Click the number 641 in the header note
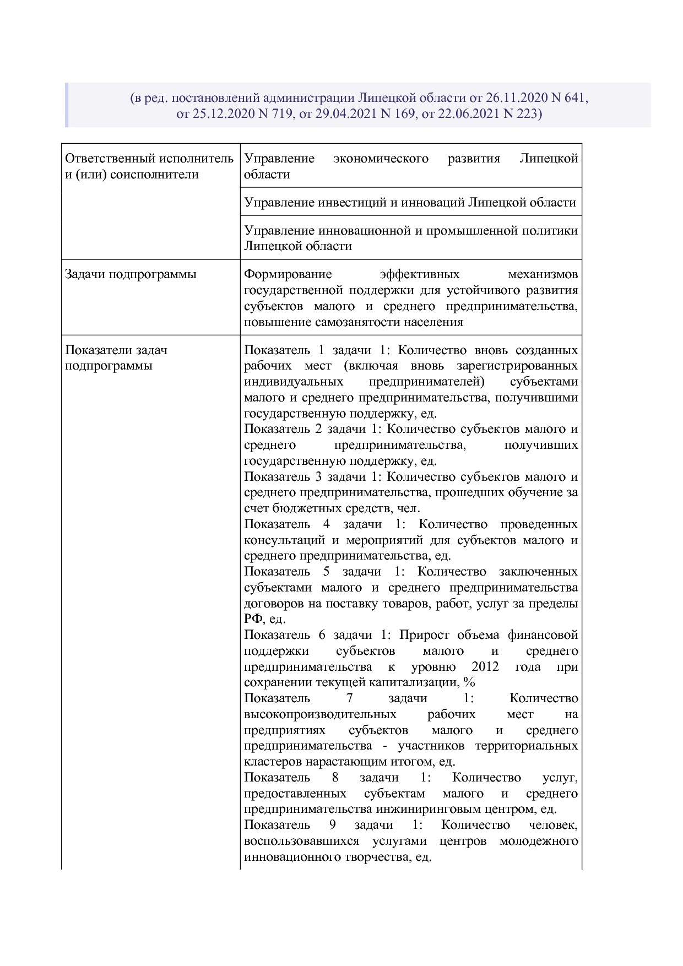tap(574, 98)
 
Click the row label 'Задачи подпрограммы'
tap(131, 274)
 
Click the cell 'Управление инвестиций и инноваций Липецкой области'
tap(410, 202)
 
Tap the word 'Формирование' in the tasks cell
tap(288, 274)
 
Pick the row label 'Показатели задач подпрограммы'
tap(116, 358)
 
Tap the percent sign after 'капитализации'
tap(469, 683)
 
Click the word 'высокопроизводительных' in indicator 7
tap(320, 715)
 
